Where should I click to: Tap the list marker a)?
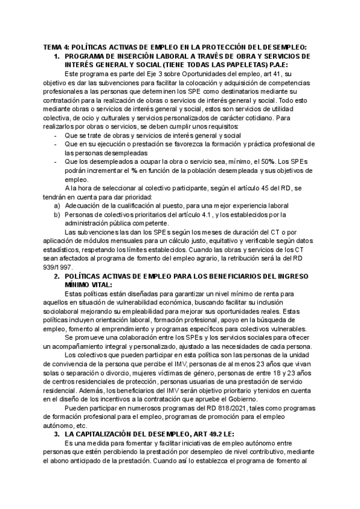57,205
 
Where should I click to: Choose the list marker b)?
57,214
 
